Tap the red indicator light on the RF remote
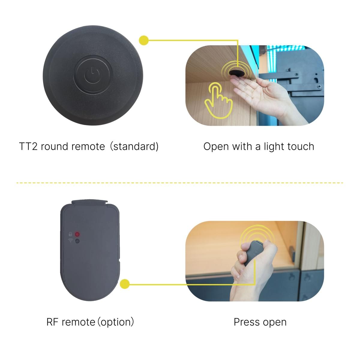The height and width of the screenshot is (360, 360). (x=77, y=234)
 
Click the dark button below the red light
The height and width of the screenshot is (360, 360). (x=77, y=241)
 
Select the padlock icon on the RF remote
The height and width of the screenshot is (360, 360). (x=70, y=234)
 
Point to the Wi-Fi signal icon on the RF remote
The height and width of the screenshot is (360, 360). (x=70, y=240)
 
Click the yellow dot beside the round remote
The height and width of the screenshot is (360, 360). (x=144, y=40)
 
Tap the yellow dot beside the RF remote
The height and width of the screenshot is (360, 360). (x=124, y=284)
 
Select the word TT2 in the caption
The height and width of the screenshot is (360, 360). (x=28, y=146)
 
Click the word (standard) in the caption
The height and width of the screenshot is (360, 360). (x=134, y=147)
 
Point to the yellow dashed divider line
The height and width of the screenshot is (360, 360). (x=180, y=183)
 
